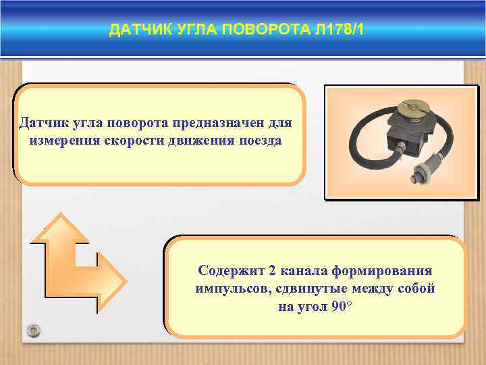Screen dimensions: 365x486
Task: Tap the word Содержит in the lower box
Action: (x=230, y=270)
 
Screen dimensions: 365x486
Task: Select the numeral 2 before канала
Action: (x=272, y=270)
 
